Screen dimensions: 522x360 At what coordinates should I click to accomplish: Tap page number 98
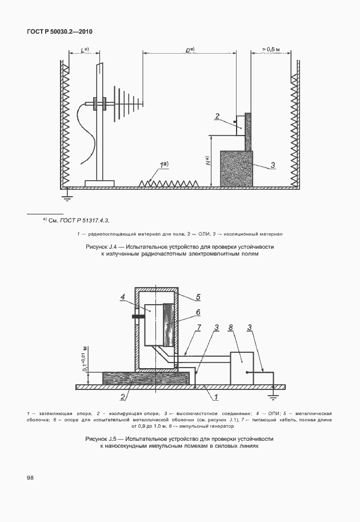coord(30,477)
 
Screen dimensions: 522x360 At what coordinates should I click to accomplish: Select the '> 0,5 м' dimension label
coord(273,50)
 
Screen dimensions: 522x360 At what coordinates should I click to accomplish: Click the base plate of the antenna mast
coord(99,183)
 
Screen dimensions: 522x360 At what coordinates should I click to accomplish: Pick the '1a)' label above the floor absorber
coord(165,165)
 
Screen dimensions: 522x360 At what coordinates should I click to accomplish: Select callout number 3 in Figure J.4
coord(273,165)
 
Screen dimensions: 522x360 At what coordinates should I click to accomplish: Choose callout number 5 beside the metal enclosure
coord(198,297)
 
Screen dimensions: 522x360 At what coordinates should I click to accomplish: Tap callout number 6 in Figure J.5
coord(197,312)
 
